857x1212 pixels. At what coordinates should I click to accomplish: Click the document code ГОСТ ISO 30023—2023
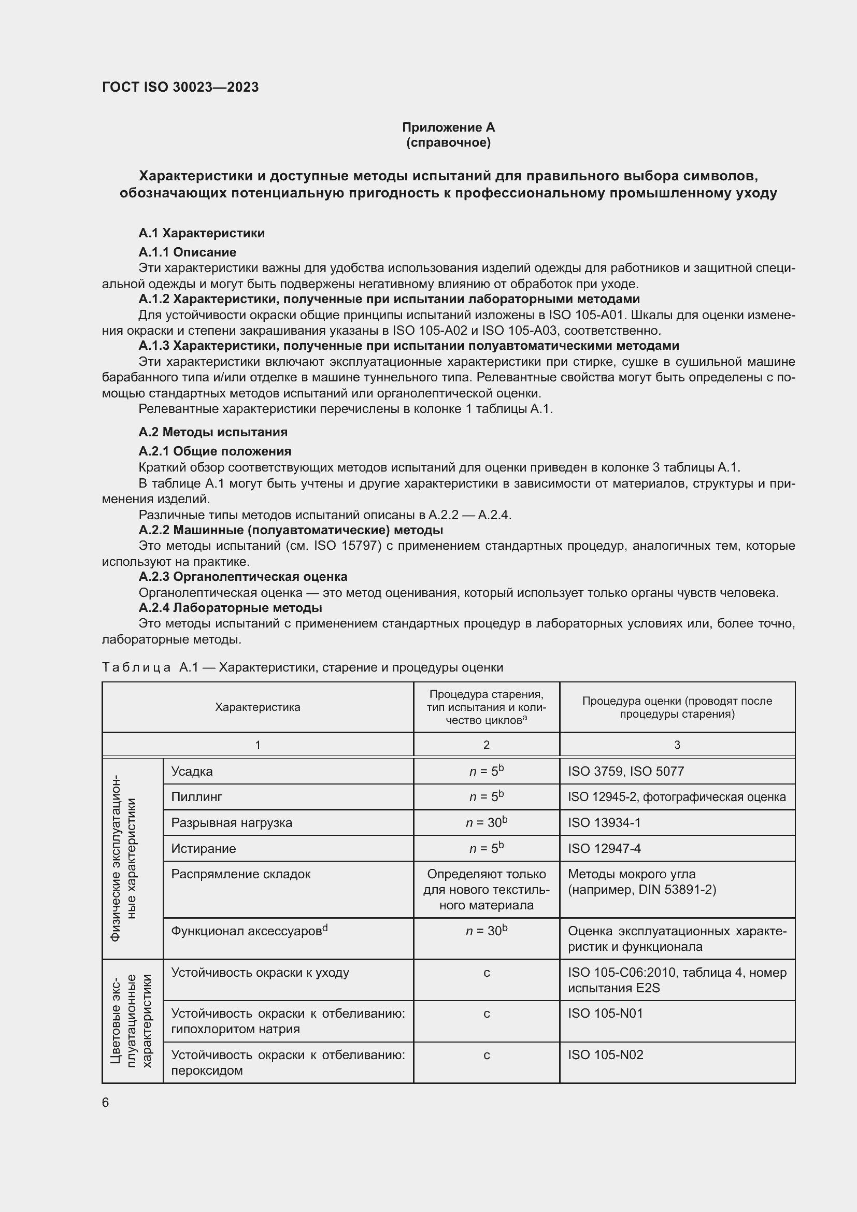[180, 87]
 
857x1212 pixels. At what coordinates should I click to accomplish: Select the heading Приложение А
[448, 127]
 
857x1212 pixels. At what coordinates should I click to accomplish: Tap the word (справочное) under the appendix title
[448, 142]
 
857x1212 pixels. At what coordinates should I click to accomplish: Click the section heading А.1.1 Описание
[188, 252]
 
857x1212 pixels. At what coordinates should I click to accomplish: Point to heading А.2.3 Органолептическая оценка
[242, 576]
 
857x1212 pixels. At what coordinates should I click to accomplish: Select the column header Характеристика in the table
[258, 707]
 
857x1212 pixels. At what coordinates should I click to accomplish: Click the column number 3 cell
[677, 744]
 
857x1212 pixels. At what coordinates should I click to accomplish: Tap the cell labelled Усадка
[192, 771]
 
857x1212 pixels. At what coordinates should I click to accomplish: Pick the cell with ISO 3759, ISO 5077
[626, 771]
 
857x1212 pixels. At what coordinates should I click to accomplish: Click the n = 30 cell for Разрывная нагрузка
[486, 822]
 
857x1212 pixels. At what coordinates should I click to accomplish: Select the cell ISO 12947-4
[604, 848]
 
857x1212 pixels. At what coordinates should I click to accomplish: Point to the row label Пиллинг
[196, 796]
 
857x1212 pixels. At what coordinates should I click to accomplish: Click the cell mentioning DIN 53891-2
[641, 890]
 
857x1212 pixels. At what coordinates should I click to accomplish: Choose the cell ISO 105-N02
[605, 1054]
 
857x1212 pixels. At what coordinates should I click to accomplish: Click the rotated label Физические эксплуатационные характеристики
[123, 858]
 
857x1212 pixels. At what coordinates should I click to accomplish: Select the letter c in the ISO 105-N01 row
[486, 1014]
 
